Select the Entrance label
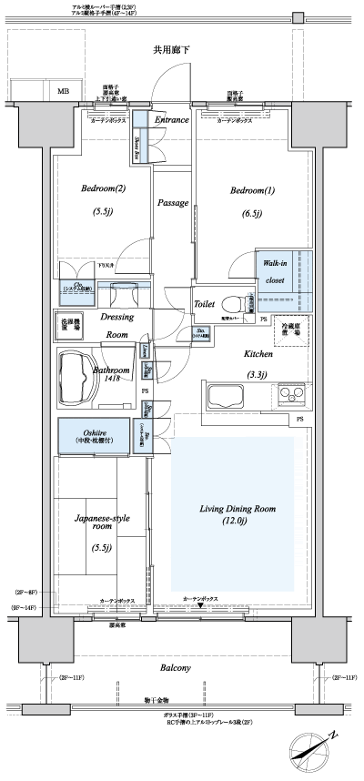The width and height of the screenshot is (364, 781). pyautogui.click(x=171, y=120)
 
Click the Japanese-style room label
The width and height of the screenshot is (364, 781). pyautogui.click(x=101, y=521)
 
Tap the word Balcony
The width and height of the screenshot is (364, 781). pyautogui.click(x=177, y=667)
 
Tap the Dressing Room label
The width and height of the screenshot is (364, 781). pyautogui.click(x=116, y=326)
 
